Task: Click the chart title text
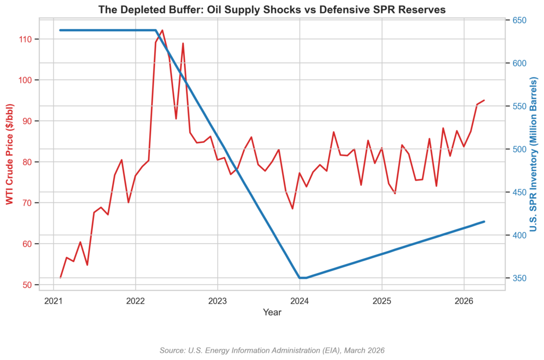pyautogui.click(x=271, y=10)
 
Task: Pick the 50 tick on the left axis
pyautogui.click(x=27, y=285)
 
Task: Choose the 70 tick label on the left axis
pyautogui.click(x=27, y=203)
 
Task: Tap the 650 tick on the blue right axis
pyautogui.click(x=519, y=21)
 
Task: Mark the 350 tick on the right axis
pyautogui.click(x=519, y=278)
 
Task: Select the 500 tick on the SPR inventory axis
pyautogui.click(x=519, y=149)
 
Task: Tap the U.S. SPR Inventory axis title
pyautogui.click(x=534, y=154)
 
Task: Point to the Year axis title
pyautogui.click(x=272, y=313)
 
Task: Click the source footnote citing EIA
pyautogui.click(x=271, y=350)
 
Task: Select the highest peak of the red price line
pyautogui.click(x=163, y=30)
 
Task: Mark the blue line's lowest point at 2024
pyautogui.click(x=300, y=278)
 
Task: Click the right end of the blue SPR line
pyautogui.click(x=484, y=221)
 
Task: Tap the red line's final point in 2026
pyautogui.click(x=484, y=100)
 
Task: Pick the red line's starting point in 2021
pyautogui.click(x=61, y=277)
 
